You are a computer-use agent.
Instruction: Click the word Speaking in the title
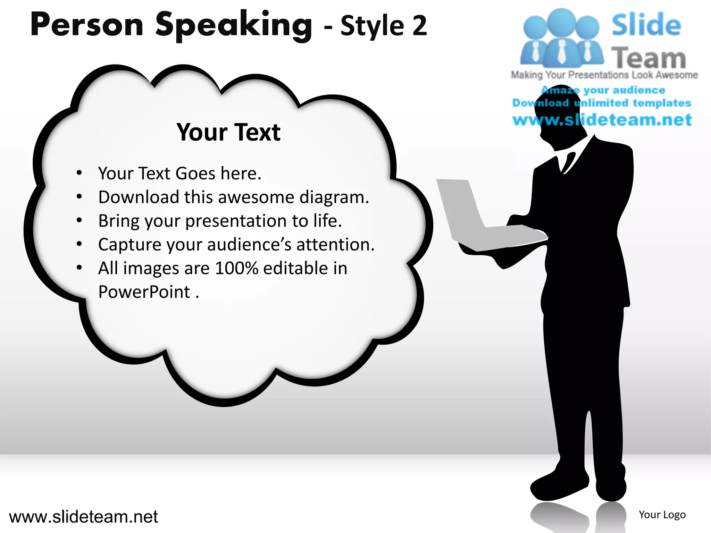click(x=233, y=25)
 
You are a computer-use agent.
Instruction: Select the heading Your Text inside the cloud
click(x=228, y=132)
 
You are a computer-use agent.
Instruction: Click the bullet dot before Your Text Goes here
click(x=80, y=173)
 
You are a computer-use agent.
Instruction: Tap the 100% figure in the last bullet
click(x=237, y=268)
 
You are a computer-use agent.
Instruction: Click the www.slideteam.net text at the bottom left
click(x=83, y=517)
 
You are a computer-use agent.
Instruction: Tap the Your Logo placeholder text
click(x=662, y=515)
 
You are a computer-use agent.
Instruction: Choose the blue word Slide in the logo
click(x=646, y=25)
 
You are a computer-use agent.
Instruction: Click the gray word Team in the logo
click(x=649, y=58)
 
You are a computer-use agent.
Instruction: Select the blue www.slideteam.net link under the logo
click(x=602, y=120)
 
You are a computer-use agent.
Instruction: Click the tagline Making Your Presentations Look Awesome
click(x=604, y=75)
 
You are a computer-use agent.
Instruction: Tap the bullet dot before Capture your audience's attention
click(x=80, y=244)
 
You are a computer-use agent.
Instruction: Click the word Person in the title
click(x=87, y=25)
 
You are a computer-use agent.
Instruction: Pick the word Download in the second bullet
click(x=139, y=197)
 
